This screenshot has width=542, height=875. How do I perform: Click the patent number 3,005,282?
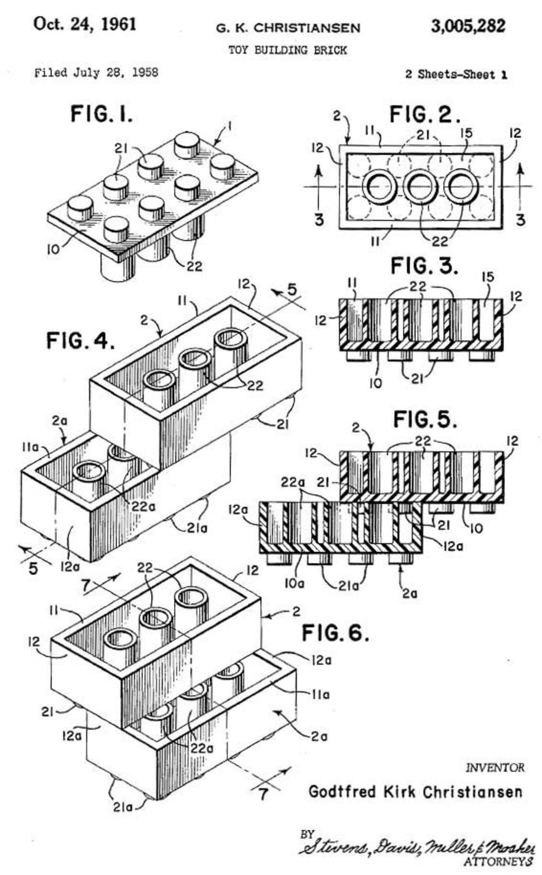click(468, 26)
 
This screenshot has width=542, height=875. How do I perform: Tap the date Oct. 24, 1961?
click(85, 24)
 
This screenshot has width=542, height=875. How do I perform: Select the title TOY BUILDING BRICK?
click(288, 50)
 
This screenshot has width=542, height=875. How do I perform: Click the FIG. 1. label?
click(102, 114)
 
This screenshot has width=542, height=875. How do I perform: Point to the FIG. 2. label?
click(424, 115)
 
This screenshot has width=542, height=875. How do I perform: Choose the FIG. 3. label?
click(424, 266)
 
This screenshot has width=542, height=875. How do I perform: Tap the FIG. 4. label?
click(80, 340)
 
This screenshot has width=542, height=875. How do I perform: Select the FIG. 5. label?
click(425, 419)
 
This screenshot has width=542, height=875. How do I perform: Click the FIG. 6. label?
click(335, 633)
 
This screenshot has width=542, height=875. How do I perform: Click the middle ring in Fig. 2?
click(420, 187)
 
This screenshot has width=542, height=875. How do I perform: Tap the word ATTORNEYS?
click(498, 860)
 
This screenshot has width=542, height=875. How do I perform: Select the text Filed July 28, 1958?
click(96, 73)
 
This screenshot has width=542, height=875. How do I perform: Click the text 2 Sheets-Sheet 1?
click(456, 74)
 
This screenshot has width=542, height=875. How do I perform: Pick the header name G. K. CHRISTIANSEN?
click(288, 28)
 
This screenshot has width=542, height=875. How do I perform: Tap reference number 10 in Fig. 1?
click(54, 249)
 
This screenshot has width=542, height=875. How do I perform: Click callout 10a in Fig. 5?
click(293, 584)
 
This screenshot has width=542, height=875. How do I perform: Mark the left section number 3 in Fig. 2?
click(319, 219)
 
